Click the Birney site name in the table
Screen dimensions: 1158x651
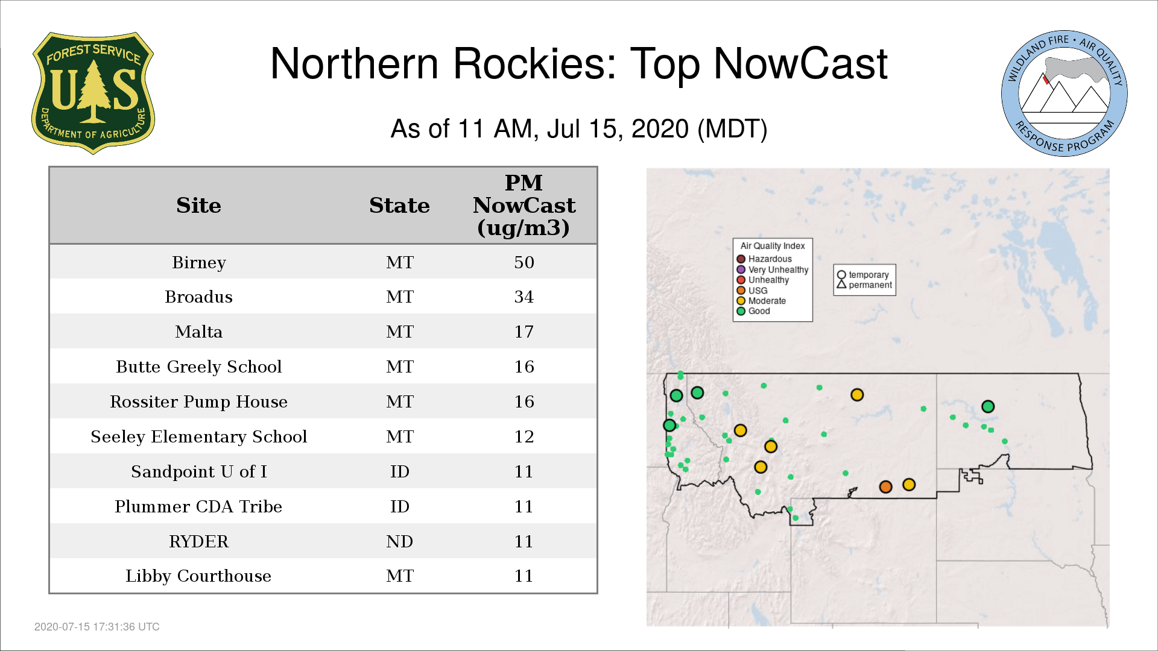pos(198,263)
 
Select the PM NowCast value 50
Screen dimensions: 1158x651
pos(524,262)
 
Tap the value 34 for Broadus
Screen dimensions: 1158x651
pos(524,297)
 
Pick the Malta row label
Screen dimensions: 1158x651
pos(198,332)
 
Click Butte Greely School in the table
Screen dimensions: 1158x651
pos(198,366)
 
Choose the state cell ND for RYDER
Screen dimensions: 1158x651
pos(400,541)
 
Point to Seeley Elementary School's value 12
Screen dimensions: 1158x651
pos(524,436)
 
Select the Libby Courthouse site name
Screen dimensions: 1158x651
pos(198,576)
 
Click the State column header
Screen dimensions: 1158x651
pos(399,206)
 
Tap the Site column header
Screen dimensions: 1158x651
pos(198,206)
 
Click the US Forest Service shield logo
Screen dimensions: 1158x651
pos(93,93)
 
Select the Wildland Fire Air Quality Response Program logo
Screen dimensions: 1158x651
pos(1065,93)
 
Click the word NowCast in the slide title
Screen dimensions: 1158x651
pos(801,64)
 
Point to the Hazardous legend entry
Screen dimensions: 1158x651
pos(764,259)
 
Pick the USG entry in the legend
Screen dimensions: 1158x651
pos(752,291)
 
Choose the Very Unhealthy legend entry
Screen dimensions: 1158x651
pos(773,270)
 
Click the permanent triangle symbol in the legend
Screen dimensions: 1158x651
pos(841,285)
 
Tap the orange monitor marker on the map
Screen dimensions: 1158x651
pos(885,486)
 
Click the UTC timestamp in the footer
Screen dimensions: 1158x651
pos(97,627)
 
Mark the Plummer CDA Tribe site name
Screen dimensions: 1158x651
pos(198,506)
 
